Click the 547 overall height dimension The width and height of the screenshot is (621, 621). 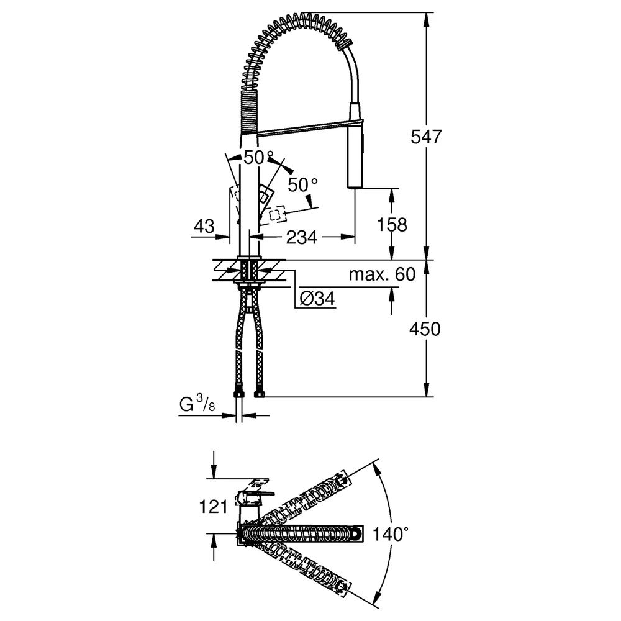426,137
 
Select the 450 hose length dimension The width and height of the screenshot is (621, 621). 425,329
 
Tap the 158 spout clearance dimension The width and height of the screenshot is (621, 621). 392,225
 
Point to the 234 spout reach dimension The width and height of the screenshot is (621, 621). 301,238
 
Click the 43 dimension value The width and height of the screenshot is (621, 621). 204,226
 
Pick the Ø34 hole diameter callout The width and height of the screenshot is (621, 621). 317,298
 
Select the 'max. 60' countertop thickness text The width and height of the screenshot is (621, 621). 382,274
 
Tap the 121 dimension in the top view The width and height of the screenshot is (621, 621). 214,507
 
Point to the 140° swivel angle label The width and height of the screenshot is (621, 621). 391,534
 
